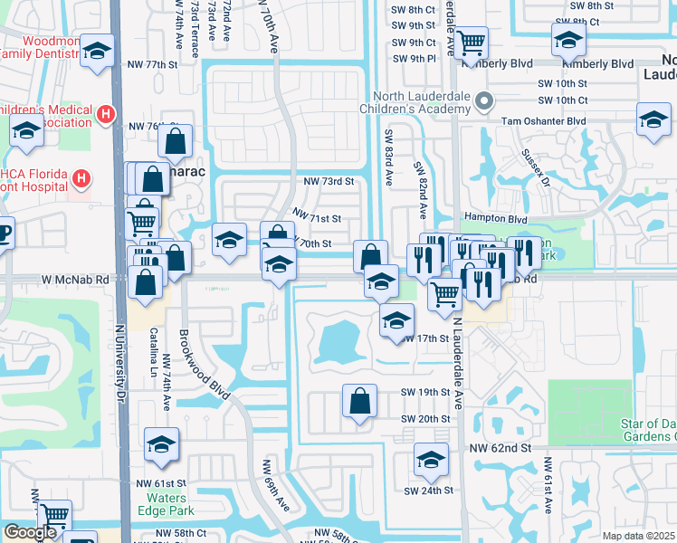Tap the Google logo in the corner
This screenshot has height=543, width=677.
coord(30,532)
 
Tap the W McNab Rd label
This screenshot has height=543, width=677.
coord(77,280)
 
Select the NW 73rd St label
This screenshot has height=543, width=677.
coord(328,181)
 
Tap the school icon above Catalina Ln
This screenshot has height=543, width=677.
coord(161,445)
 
